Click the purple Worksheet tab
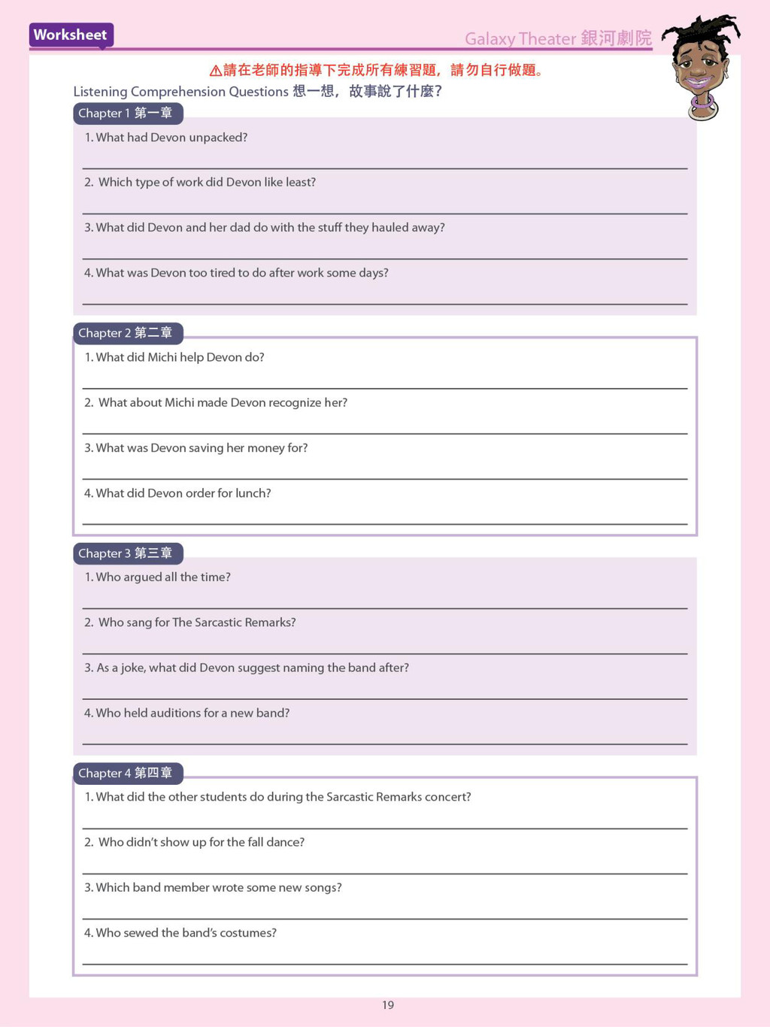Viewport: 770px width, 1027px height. (71, 35)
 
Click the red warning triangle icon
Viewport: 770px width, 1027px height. (215, 71)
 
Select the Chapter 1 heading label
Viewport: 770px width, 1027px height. (126, 114)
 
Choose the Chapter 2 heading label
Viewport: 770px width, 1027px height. (126, 333)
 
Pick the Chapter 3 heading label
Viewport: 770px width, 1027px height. (126, 553)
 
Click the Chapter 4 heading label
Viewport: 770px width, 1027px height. (126, 773)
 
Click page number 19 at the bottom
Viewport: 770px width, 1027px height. (388, 1005)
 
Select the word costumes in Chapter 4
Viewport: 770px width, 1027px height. (253, 933)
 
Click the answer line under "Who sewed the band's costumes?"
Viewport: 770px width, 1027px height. (384, 963)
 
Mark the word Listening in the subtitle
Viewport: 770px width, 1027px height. (100, 92)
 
